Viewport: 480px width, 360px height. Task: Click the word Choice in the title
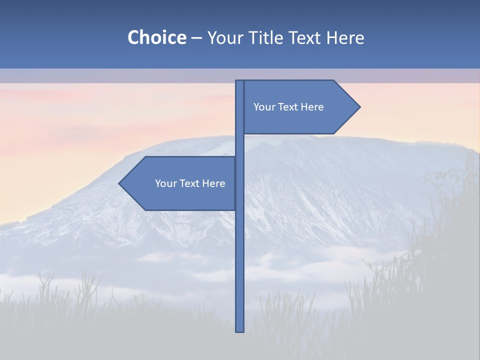[x=156, y=37]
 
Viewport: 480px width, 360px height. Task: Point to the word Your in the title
[x=226, y=37]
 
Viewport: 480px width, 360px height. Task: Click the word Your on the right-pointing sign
[x=263, y=107]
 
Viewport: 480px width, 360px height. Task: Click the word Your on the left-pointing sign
[x=165, y=183]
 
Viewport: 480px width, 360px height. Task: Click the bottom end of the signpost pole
[x=240, y=329]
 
